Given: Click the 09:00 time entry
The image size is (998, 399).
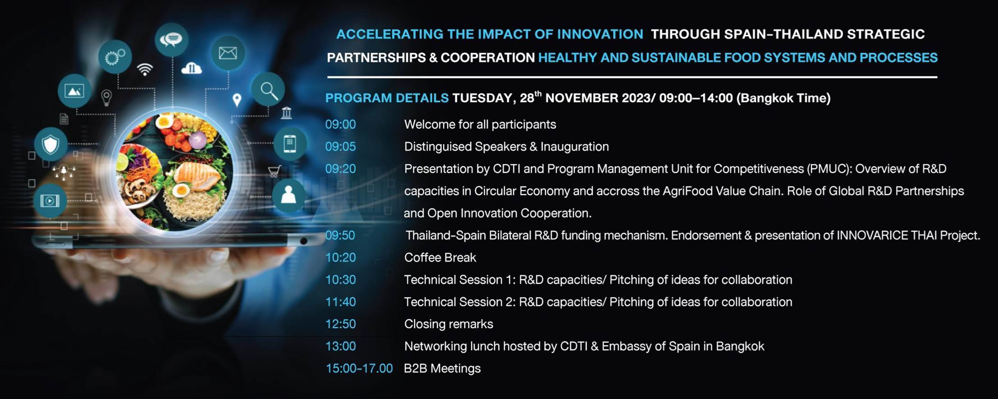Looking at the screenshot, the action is pyautogui.click(x=340, y=124).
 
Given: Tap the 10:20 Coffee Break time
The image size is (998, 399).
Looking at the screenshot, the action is pyautogui.click(x=340, y=258).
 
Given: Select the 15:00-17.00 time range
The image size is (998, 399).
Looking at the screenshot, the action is pyautogui.click(x=359, y=368).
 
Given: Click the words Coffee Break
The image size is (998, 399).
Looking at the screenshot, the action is pyautogui.click(x=440, y=258).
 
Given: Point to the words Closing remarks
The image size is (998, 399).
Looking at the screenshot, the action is pyautogui.click(x=449, y=324).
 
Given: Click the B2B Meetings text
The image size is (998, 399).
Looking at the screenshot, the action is pyautogui.click(x=442, y=368).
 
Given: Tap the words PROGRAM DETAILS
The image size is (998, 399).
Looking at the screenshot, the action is pyautogui.click(x=387, y=98).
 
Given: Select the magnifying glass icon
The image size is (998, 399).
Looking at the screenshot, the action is pyautogui.click(x=268, y=90).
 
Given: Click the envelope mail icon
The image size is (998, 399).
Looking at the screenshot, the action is pyautogui.click(x=228, y=53).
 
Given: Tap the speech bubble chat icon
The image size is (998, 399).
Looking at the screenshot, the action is pyautogui.click(x=171, y=40).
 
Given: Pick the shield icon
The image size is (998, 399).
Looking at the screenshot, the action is pyautogui.click(x=50, y=145).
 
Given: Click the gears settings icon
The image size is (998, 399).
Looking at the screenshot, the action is pyautogui.click(x=115, y=57).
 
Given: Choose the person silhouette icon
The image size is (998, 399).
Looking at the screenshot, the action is pyautogui.click(x=288, y=195).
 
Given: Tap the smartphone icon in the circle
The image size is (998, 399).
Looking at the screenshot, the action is pyautogui.click(x=290, y=144).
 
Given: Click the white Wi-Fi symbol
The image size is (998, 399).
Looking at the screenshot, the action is pyautogui.click(x=145, y=69).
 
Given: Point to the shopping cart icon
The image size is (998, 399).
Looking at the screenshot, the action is pyautogui.click(x=274, y=171).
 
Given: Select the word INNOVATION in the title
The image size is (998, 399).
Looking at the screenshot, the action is pyautogui.click(x=600, y=34).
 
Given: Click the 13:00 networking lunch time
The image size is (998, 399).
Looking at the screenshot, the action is pyautogui.click(x=340, y=346).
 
